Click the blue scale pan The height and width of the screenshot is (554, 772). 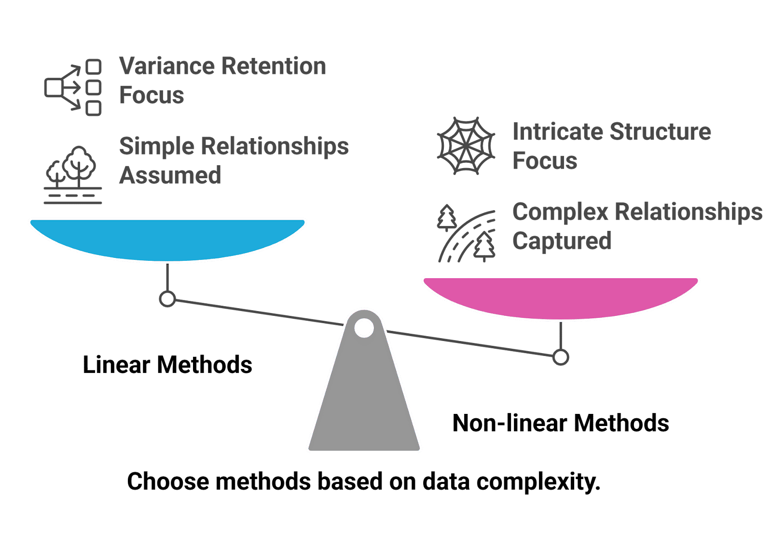coord(167,240)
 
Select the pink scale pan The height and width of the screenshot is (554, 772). coord(561,298)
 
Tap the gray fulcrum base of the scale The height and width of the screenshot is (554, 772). coord(364,401)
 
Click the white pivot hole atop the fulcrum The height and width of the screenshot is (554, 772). coord(364,328)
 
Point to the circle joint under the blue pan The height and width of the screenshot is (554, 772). coord(167,299)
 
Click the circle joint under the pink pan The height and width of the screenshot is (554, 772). coord(561,358)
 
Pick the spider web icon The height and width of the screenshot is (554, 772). coord(466,146)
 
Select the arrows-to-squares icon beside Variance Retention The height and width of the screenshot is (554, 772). coord(73,87)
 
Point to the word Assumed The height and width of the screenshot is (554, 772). coord(170,175)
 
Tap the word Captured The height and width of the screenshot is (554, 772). coord(562,241)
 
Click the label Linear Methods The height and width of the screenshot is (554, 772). coord(167,365)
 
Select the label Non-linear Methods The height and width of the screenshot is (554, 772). coord(561,424)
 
